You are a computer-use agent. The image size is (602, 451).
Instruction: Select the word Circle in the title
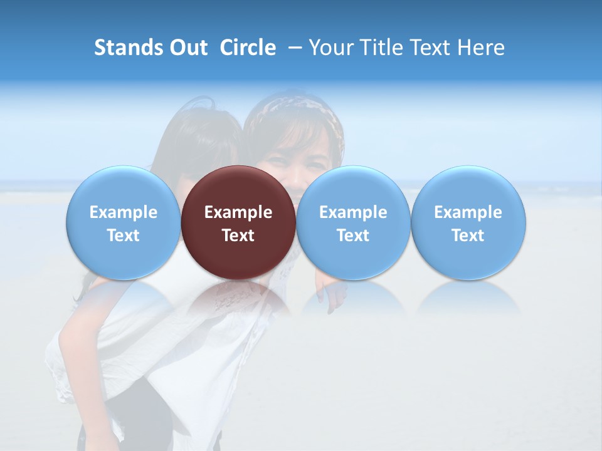(x=248, y=48)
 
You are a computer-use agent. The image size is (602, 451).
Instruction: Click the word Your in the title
(x=329, y=48)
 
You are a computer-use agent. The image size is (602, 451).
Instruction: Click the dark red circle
(x=238, y=188)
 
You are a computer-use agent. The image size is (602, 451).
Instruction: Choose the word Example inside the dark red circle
(x=238, y=212)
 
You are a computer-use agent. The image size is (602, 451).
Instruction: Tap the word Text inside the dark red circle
(x=238, y=236)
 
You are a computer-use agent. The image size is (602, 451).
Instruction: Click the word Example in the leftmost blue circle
(x=123, y=212)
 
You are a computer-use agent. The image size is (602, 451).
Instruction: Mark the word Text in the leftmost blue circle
(x=123, y=236)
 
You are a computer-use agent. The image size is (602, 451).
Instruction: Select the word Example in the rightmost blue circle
(x=468, y=212)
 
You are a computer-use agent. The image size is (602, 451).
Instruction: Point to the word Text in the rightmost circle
(x=468, y=236)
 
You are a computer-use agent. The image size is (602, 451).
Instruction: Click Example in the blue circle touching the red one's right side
(x=353, y=212)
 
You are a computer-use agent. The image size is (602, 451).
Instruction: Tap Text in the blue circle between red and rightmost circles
(x=353, y=236)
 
